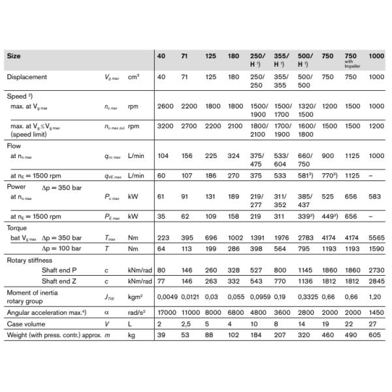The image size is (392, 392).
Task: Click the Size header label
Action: pos(14,57)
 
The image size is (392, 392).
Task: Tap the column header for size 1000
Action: pos(376,57)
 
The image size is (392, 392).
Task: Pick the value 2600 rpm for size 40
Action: pos(165,106)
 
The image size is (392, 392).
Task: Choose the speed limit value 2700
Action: pos(189,126)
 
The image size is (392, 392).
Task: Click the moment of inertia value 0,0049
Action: pos(167,298)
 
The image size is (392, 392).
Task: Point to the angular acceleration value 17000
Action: pos(167,313)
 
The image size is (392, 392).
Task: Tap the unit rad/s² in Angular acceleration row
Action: pos(137,313)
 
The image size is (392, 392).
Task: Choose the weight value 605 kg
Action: pos(375,335)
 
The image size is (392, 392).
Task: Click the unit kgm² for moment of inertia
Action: pos(136,298)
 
